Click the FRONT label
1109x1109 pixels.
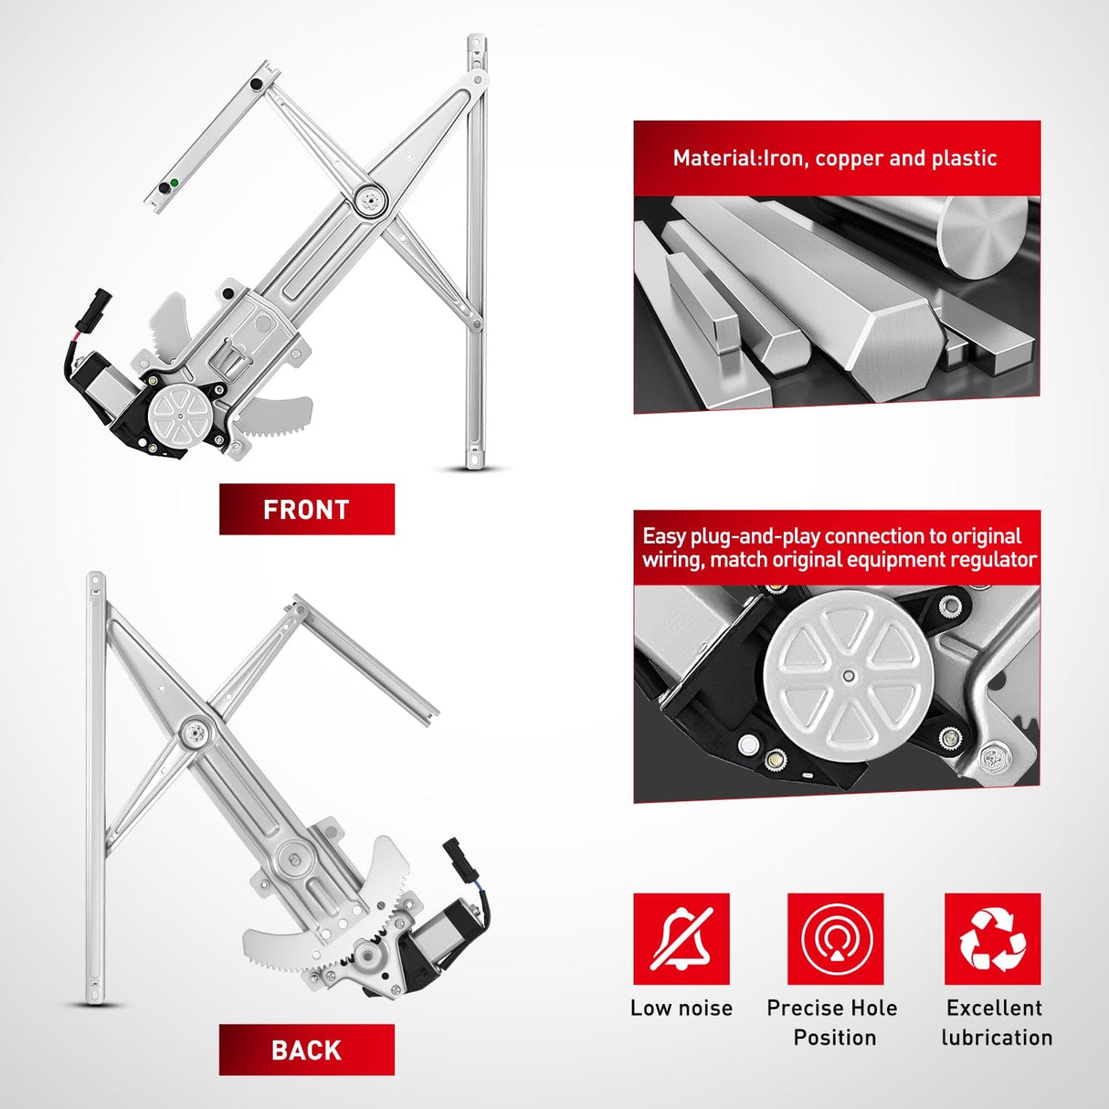point(306,510)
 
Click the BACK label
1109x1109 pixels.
point(306,1050)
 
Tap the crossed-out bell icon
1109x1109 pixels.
point(681,939)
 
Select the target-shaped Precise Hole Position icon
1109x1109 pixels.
point(836,939)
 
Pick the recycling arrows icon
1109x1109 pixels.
point(993,939)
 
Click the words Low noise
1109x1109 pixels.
point(681,1009)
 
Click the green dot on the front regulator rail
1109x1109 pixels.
point(174,183)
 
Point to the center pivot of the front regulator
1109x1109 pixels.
point(369,200)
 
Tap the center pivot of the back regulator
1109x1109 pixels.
point(194,734)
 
